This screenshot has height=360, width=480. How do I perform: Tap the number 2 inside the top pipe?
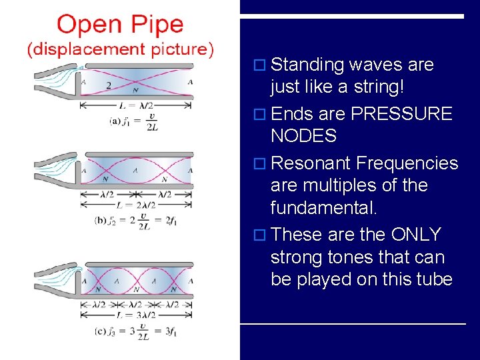(108, 85)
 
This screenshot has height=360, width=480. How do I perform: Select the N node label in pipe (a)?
(135, 89)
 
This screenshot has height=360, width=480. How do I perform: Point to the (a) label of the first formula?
(115, 121)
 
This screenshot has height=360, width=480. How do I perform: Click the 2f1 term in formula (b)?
(172, 221)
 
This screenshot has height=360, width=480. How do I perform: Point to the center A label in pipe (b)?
(135, 170)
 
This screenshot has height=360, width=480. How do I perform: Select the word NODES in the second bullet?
(303, 137)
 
